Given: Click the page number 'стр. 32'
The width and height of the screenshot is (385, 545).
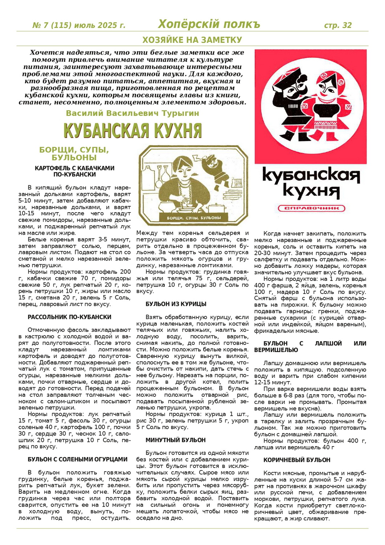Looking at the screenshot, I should tap(337, 25).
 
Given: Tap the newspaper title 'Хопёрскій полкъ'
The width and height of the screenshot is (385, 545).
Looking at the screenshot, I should tap(209, 24).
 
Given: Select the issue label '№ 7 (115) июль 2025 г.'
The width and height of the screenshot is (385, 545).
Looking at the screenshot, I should tap(79, 25).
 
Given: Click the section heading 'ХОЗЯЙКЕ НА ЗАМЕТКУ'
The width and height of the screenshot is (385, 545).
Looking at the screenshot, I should tap(192, 40).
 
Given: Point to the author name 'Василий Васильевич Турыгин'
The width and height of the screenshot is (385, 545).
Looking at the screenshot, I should tap(132, 113).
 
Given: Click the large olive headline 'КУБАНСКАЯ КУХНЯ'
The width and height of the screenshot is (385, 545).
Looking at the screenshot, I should tap(132, 130).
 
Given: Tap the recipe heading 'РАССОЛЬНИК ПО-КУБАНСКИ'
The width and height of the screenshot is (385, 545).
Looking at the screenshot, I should tap(69, 317).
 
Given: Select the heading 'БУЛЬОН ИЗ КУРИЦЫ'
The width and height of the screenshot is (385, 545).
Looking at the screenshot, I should tap(176, 304).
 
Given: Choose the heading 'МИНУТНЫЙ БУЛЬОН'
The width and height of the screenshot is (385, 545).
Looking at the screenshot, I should tap(175, 440).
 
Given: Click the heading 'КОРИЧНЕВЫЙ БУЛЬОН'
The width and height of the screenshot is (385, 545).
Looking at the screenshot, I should tap(296, 460).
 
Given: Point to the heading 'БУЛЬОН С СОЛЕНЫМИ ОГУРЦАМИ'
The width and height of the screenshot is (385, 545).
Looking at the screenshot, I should tap(77, 459).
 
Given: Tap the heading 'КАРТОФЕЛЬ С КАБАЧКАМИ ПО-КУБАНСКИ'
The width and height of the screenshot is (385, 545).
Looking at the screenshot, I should tap(74, 171).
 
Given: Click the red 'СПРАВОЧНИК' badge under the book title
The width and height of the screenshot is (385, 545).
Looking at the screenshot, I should tap(311, 208).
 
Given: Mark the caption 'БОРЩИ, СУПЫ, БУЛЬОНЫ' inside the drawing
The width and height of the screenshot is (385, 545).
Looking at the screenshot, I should tap(193, 218).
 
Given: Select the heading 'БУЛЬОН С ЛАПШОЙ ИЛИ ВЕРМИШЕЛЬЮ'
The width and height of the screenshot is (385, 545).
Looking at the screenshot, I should tap(310, 346).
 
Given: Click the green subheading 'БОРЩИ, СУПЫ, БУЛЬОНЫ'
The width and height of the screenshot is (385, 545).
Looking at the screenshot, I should tap(74, 153).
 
